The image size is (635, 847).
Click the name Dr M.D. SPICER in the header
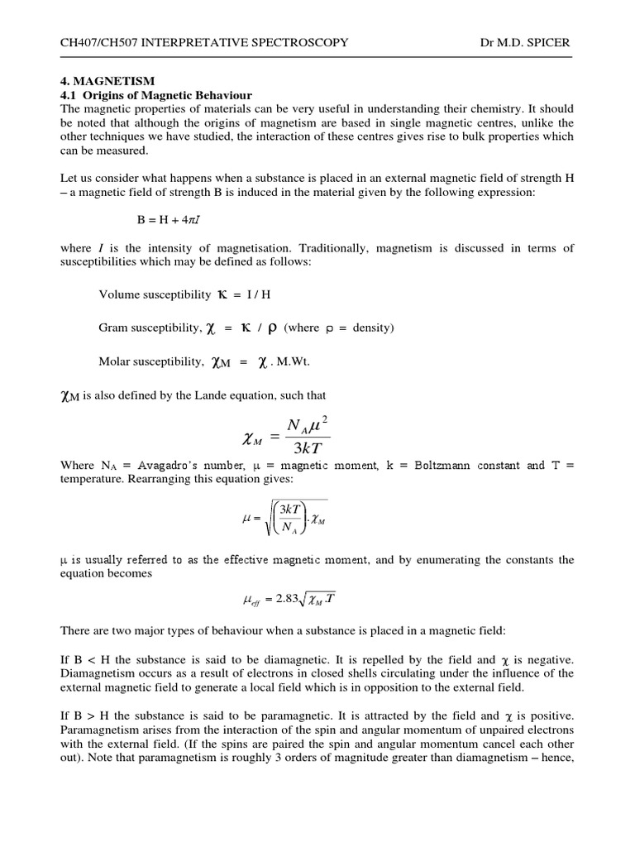(527, 41)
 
